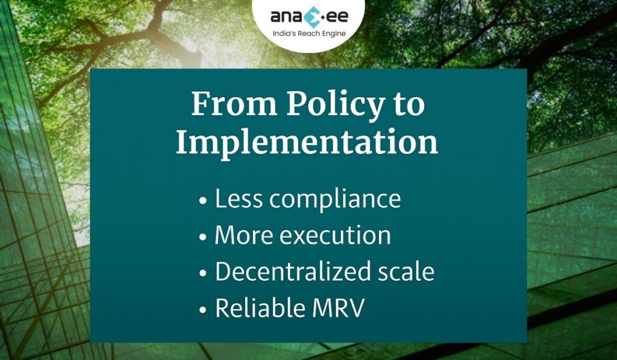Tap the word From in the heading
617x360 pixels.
[231, 104]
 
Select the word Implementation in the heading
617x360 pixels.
[307, 143]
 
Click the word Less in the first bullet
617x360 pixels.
[238, 198]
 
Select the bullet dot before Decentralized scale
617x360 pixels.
[203, 274]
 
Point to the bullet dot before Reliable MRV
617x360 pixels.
[203, 310]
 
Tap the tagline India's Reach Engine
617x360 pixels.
[308, 33]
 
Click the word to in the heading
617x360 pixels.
[408, 104]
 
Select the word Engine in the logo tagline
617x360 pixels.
[334, 34]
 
